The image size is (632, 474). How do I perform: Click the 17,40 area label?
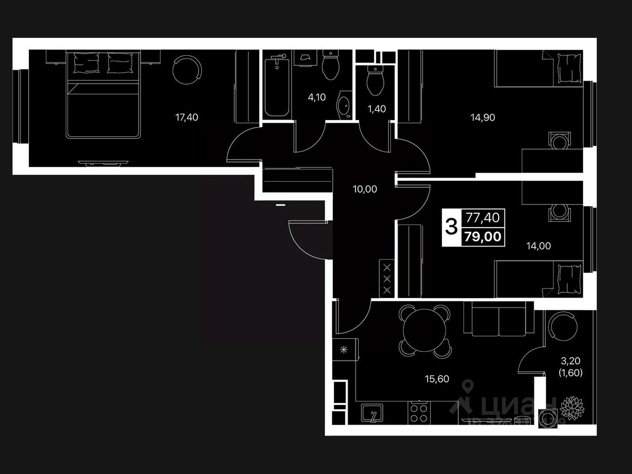pos(186,117)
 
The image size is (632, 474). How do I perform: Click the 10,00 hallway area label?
pos(364,189)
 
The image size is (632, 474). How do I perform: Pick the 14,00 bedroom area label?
pos(538,245)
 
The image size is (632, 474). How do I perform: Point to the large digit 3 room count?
pos(451,228)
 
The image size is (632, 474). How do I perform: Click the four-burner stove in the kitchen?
pos(420,412)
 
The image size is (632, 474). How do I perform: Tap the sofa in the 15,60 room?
pos(498,319)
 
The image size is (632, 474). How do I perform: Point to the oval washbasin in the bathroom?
pos(346,106)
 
